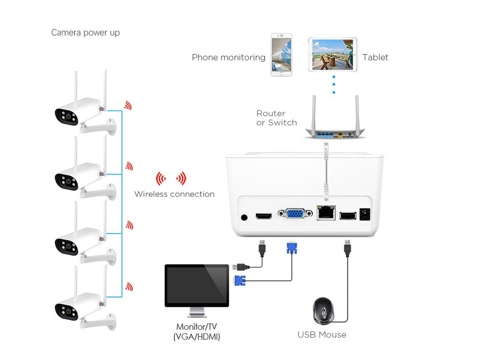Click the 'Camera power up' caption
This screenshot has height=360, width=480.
tap(85, 33)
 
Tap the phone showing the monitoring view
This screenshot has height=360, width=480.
tap(281, 55)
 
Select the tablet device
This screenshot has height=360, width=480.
tap(332, 55)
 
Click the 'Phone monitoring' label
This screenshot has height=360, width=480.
tap(228, 58)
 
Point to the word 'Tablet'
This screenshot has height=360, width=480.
tap(375, 58)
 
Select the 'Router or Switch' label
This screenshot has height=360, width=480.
tap(276, 118)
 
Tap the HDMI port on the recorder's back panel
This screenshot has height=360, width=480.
tap(264, 216)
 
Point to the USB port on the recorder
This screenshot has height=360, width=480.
tap(347, 216)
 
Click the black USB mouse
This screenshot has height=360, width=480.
tap(324, 310)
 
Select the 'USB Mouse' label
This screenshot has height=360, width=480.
tap(322, 335)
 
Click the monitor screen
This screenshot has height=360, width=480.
tap(197, 285)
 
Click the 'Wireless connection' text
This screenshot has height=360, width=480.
tap(174, 194)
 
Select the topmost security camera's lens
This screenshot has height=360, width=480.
tap(68, 117)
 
